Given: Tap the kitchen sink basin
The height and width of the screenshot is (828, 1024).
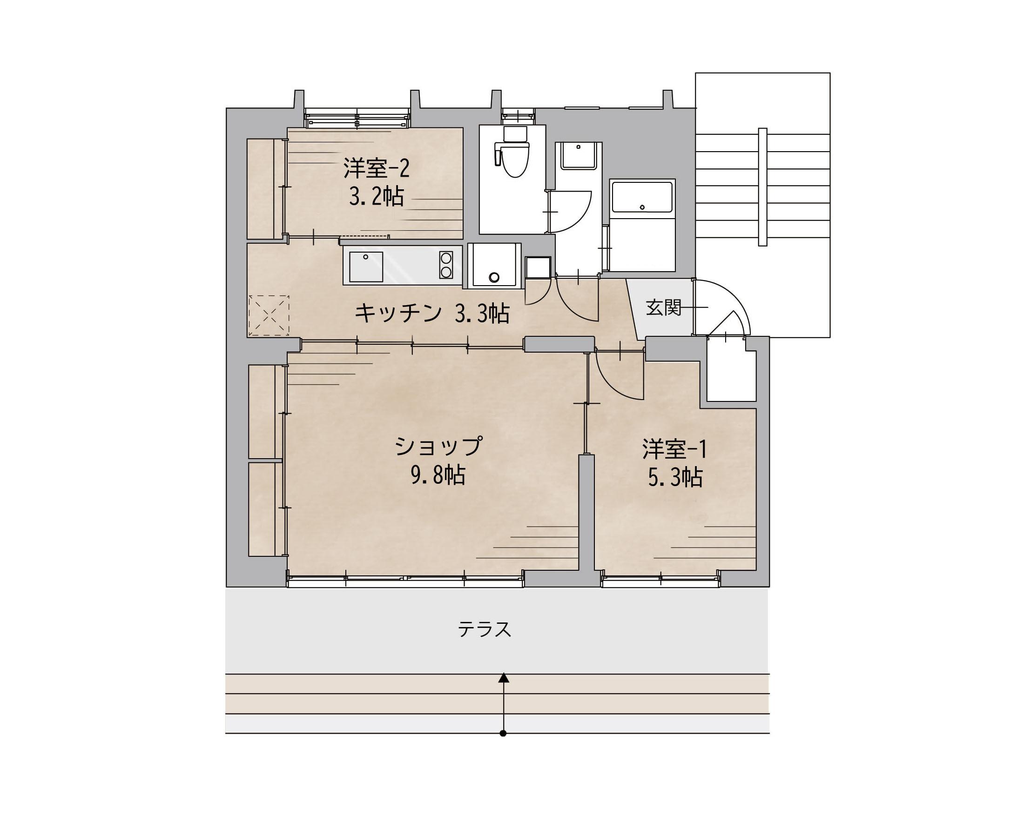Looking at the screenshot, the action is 366,267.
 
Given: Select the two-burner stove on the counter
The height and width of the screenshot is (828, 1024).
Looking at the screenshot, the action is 446,265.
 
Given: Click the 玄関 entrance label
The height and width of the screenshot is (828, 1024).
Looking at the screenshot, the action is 663,307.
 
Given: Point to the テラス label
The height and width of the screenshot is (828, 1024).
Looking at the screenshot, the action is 485,629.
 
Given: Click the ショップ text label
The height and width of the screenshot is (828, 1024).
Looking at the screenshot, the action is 438,446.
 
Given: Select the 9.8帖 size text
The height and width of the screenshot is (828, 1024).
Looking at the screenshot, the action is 438,475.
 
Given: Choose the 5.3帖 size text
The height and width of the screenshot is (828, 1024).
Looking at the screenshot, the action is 675,477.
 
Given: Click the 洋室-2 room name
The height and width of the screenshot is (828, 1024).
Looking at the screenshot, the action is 377,168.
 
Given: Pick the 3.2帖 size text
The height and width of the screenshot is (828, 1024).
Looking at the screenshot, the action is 377,196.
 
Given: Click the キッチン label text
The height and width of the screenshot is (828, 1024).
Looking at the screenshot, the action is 398,314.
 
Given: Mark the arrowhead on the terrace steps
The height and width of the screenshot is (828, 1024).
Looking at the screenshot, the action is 503,677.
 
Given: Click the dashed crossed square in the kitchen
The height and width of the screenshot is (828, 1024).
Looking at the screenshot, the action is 269,315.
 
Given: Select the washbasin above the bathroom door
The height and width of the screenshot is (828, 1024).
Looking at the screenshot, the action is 578,155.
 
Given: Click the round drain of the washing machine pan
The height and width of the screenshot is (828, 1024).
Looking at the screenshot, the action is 494,277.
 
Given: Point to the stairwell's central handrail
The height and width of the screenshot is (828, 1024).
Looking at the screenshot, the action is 762,187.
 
